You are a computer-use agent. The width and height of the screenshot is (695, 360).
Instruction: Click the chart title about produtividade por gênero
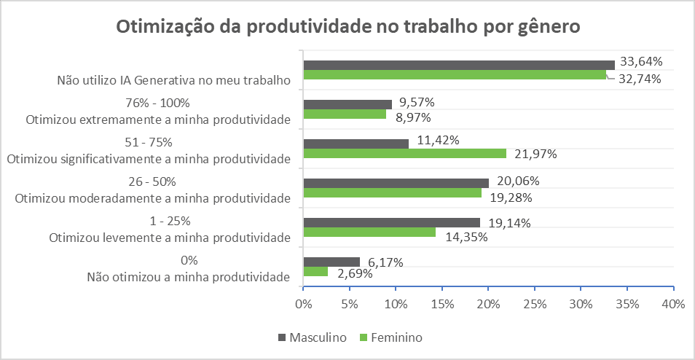click(347, 26)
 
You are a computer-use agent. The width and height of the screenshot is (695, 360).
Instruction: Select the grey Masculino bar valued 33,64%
click(459, 65)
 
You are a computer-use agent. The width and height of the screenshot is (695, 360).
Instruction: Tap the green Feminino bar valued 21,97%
click(404, 153)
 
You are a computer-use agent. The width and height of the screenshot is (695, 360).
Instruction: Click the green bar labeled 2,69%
click(315, 272)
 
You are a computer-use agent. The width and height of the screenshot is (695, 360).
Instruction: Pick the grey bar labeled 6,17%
click(331, 262)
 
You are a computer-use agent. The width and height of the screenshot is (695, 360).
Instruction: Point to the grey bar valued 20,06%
click(396, 183)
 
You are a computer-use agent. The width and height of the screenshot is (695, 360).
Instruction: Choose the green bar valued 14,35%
click(369, 232)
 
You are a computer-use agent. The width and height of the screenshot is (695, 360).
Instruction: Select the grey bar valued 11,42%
click(356, 144)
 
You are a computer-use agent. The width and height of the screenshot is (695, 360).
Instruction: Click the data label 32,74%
click(640, 79)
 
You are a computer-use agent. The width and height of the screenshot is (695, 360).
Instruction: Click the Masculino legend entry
click(312, 337)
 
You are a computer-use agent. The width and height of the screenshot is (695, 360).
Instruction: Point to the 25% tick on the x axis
click(535, 303)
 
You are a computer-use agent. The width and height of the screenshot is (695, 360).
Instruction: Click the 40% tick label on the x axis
click(673, 303)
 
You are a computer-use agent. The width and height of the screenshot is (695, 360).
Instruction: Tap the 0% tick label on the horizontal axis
click(303, 303)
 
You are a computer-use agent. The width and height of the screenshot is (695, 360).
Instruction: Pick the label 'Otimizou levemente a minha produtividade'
click(170, 237)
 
